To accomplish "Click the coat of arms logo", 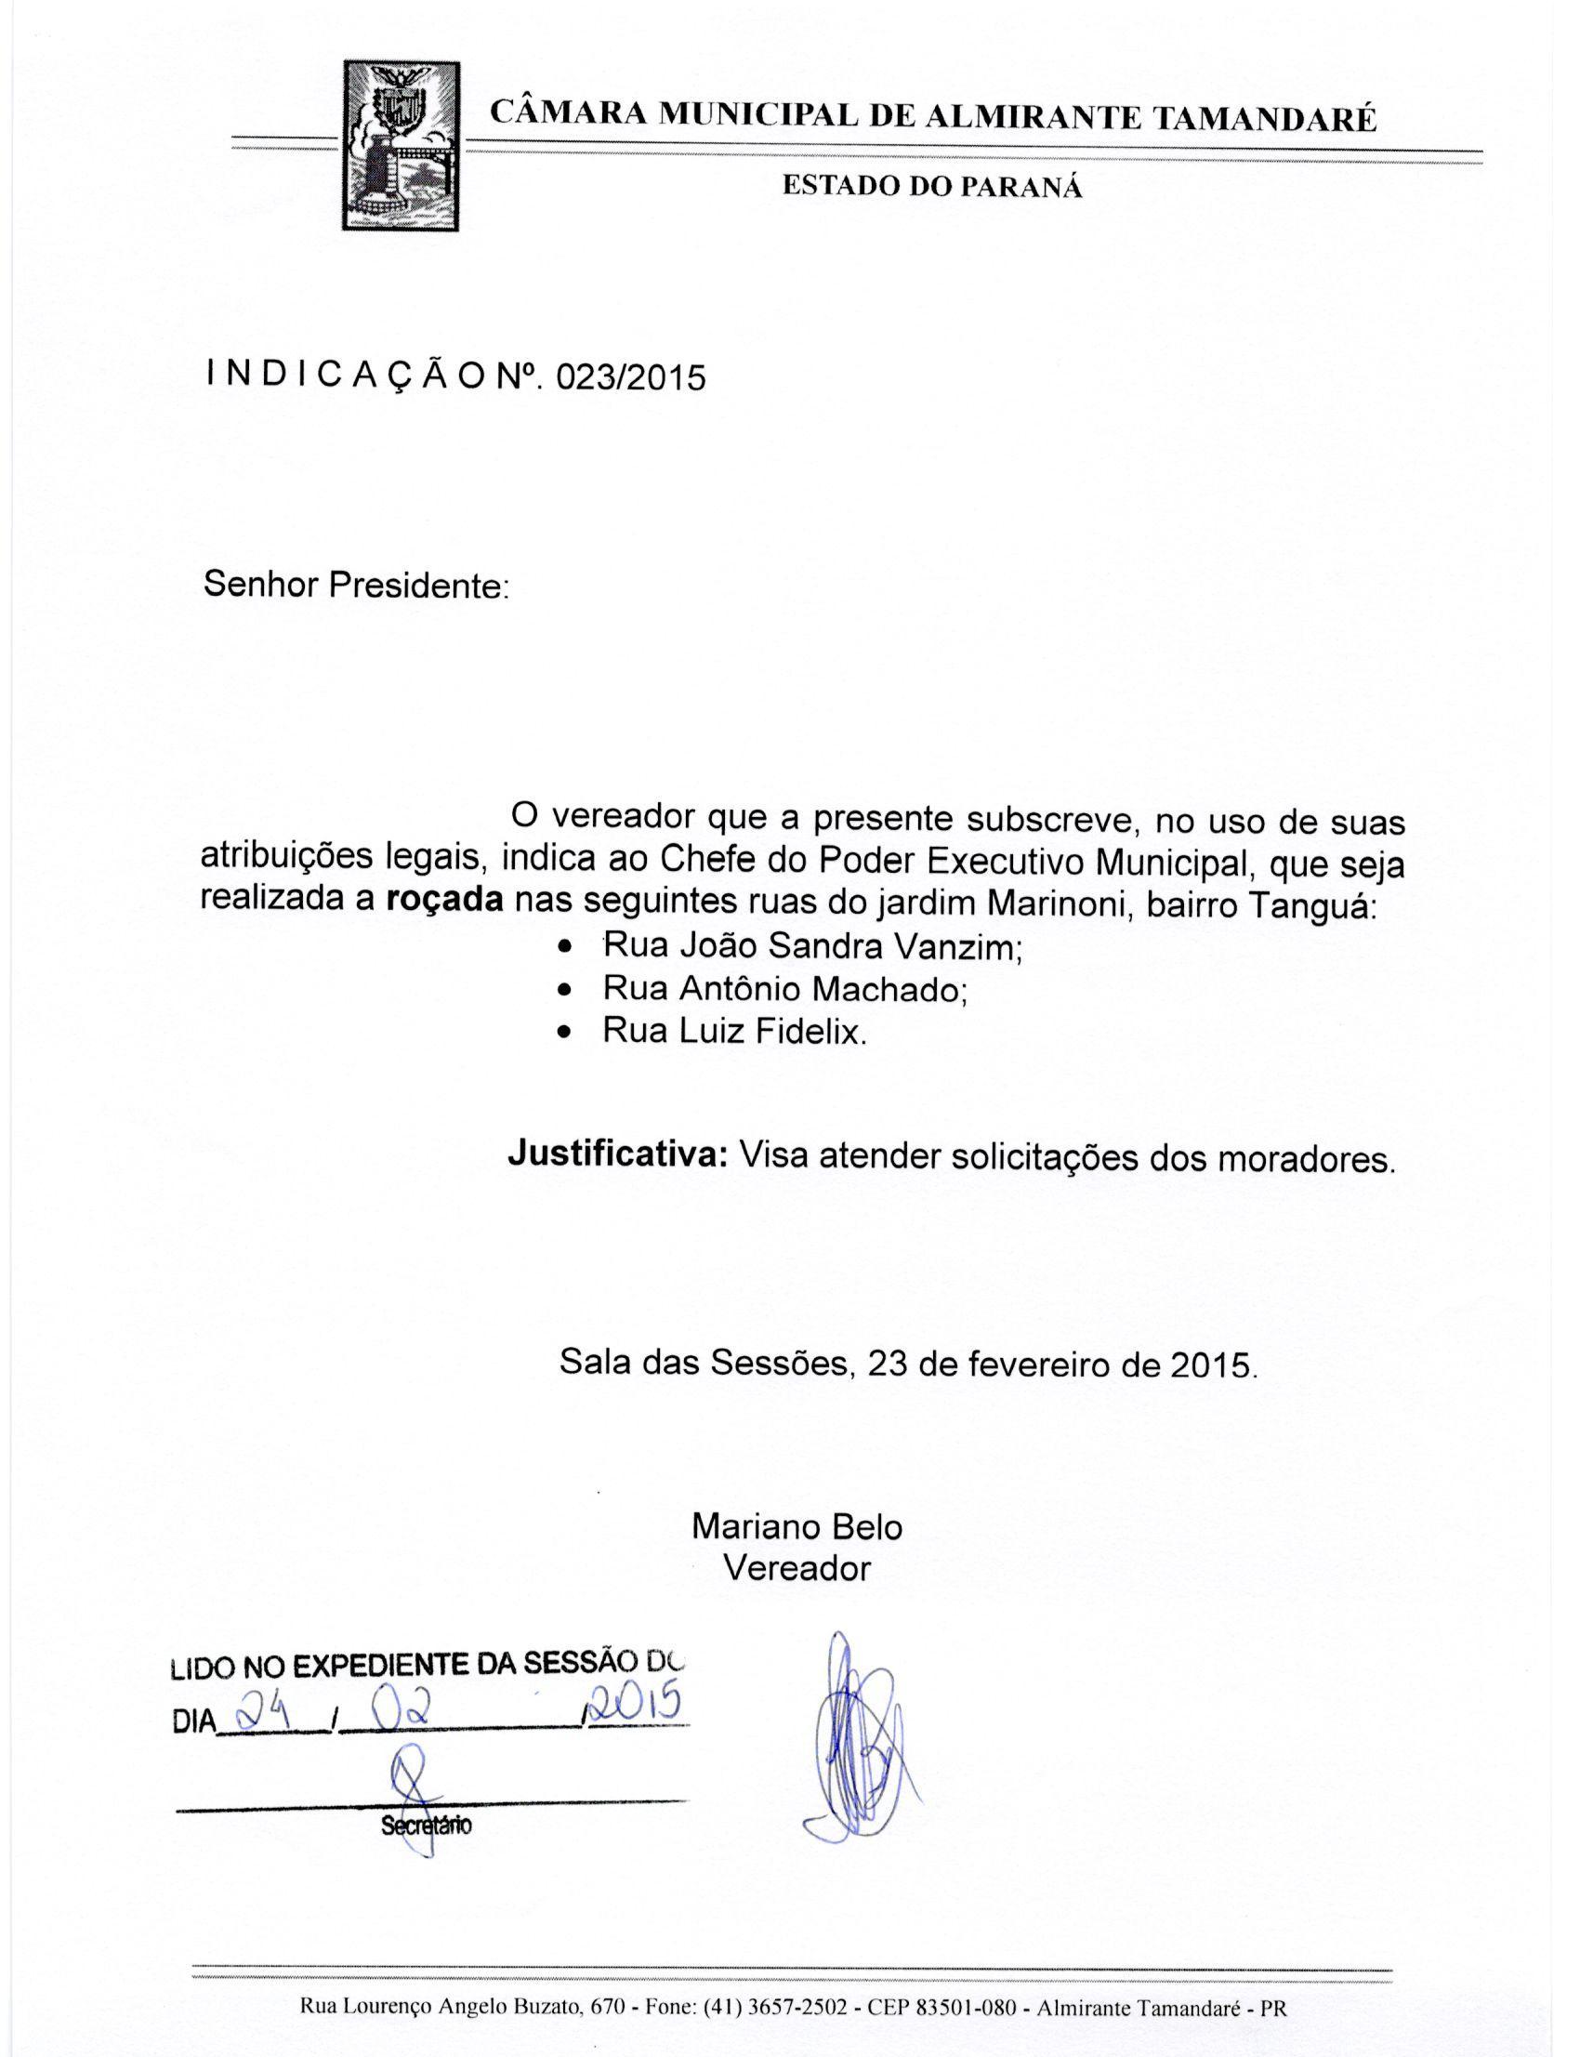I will pos(402,145).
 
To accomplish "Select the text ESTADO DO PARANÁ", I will pos(932,187).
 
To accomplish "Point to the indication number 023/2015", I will pos(630,378).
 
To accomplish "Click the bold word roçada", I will pos(445,899).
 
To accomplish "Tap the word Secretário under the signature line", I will pos(425,1826).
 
